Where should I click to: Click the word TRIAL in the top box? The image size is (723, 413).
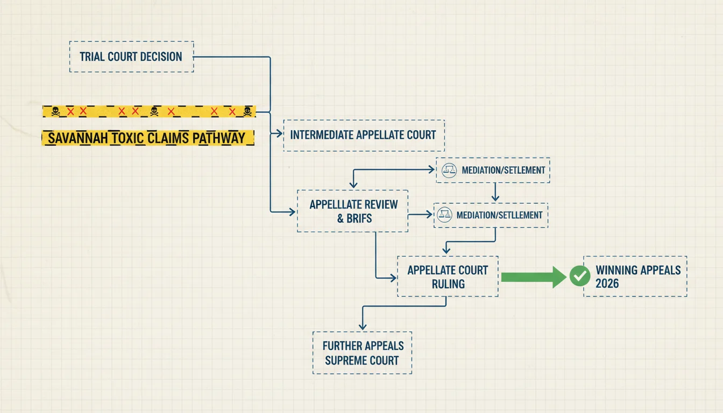[92, 57]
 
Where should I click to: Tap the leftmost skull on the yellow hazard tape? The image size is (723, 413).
[55, 111]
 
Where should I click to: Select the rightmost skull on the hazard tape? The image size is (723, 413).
[247, 111]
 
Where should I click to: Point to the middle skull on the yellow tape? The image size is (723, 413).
[154, 111]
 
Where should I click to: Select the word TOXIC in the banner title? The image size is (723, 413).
[127, 138]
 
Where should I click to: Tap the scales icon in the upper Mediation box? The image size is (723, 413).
[449, 170]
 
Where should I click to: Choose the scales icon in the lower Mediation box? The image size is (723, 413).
[444, 215]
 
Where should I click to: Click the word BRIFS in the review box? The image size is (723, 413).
[359, 218]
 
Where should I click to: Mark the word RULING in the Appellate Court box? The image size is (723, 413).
[448, 284]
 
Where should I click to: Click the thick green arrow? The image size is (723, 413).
[534, 277]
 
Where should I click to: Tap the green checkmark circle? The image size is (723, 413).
[580, 276]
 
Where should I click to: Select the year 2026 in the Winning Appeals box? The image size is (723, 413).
[607, 283]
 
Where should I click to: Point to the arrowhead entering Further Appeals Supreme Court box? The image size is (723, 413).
[363, 326]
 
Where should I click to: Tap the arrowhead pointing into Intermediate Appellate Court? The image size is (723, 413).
[278, 133]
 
